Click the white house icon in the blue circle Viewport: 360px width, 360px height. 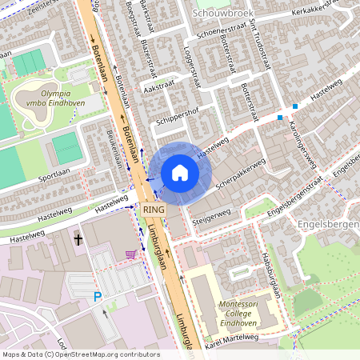[x=180, y=173]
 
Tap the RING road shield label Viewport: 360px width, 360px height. [x=154, y=209]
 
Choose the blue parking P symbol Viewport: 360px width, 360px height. [x=98, y=297]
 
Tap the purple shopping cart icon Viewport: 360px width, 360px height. [x=130, y=254]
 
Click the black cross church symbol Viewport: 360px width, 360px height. [x=78, y=239]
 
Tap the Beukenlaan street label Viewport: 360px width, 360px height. [x=115, y=150]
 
